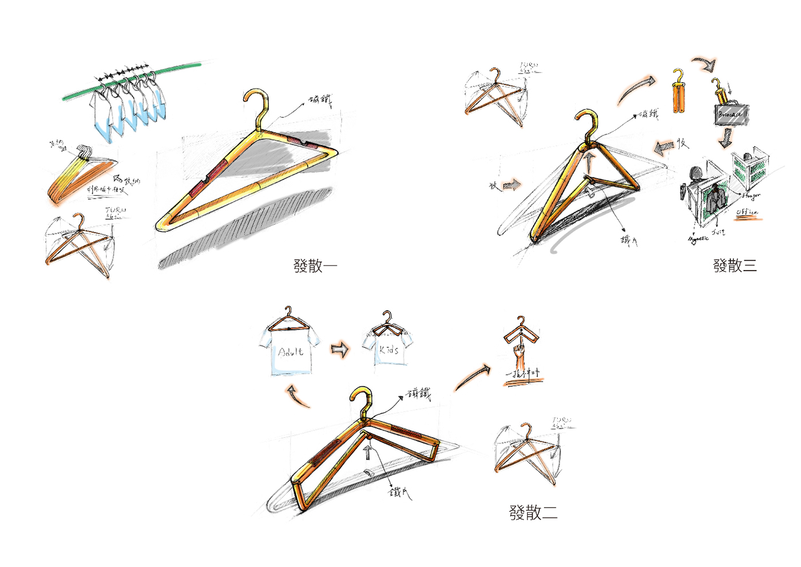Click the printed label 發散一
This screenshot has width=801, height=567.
(x=315, y=266)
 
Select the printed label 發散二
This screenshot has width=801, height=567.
(x=533, y=513)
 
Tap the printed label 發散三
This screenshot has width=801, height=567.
(x=735, y=265)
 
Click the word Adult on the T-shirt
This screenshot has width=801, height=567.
(x=291, y=352)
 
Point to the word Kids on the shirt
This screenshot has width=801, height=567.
(x=389, y=350)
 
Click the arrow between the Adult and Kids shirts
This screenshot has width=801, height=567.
(x=340, y=349)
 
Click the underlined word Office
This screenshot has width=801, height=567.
(x=747, y=212)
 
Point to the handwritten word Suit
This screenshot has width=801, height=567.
(x=718, y=232)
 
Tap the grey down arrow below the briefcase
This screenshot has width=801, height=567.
(x=725, y=138)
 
